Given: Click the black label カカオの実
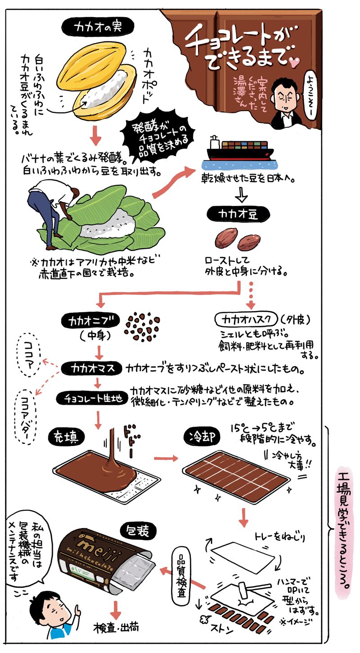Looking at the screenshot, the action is pyautogui.click(x=98, y=27).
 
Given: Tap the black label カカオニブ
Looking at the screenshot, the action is pyautogui.click(x=90, y=321).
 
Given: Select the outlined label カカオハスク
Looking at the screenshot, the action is pyautogui.click(x=247, y=320).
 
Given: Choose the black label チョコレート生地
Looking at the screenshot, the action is pyautogui.click(x=92, y=398).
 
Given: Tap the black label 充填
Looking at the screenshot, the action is pyautogui.click(x=67, y=438).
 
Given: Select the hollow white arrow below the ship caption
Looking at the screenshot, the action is pyautogui.click(x=241, y=195).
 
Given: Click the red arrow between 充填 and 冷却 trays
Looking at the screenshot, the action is pyautogui.click(x=166, y=459).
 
